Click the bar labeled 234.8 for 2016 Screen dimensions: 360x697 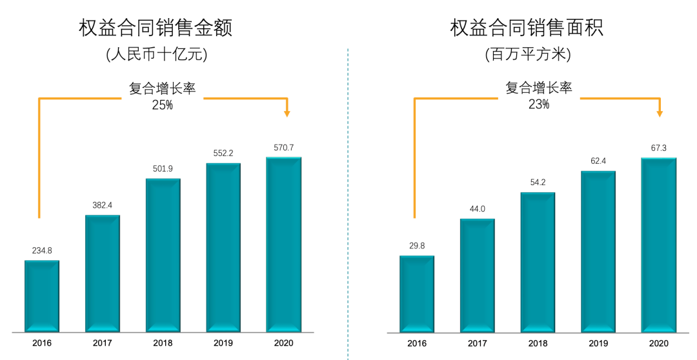pyautogui.click(x=42, y=296)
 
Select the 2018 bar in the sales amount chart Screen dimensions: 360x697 pyautogui.click(x=163, y=255)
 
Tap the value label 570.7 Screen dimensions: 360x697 pyautogui.click(x=284, y=148)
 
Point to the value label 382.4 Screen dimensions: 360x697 pyautogui.click(x=102, y=205)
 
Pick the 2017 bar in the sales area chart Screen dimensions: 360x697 pyautogui.click(x=478, y=275)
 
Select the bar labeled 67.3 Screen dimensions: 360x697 pyautogui.click(x=659, y=245)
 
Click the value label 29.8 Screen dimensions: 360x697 pyautogui.click(x=417, y=246)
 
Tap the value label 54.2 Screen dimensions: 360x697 pyautogui.click(x=538, y=183)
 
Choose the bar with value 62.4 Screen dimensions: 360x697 pyautogui.click(x=598, y=252)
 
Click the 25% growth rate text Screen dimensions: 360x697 pyautogui.click(x=162, y=105)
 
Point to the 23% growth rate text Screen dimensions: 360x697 pyautogui.click(x=538, y=105)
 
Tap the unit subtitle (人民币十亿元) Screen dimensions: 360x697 pyautogui.click(x=157, y=55)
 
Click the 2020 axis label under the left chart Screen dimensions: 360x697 pyautogui.click(x=283, y=344)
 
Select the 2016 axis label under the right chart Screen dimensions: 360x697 pyautogui.click(x=417, y=344)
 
